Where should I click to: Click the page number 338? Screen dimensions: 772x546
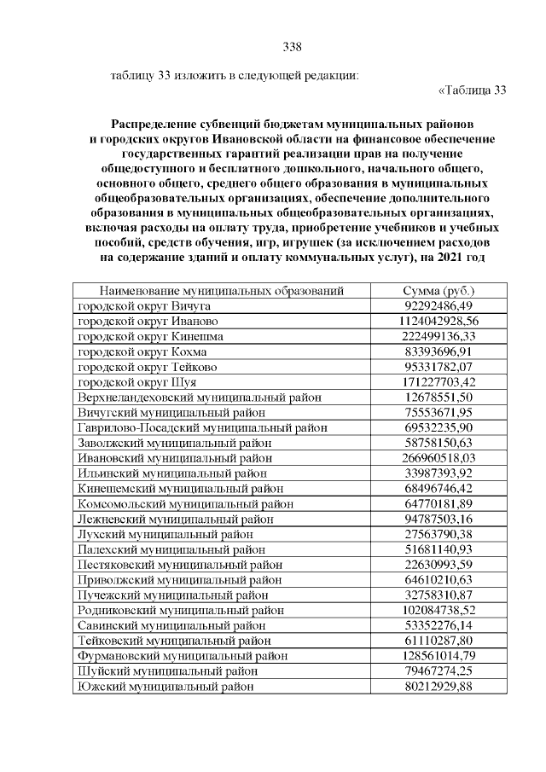pos(292,46)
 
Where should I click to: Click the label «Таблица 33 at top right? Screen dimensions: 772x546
pos(472,90)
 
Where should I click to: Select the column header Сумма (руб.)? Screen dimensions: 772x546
pos(437,291)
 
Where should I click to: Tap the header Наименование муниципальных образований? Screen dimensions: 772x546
pos(221,291)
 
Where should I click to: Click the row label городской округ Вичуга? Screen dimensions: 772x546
pos(144,305)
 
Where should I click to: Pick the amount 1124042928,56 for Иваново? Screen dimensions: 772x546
pos(437,321)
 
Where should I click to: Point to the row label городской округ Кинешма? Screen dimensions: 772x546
pos(151,336)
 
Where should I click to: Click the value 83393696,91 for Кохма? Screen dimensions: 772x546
pos(437,351)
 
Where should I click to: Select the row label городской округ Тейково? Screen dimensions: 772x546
pos(148,367)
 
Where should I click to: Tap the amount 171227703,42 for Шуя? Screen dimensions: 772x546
pos(437,382)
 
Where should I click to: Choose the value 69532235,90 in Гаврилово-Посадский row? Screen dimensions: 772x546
pos(437,427)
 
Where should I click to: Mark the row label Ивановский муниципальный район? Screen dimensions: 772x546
pos(175,458)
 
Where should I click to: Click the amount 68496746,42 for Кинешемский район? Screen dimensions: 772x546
pos(437,489)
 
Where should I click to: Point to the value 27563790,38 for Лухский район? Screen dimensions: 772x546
pos(437,534)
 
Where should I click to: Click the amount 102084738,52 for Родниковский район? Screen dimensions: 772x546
pos(437,610)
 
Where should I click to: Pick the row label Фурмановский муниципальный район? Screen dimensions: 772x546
pos(182,656)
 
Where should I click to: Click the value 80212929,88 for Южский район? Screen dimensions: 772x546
pos(437,686)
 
